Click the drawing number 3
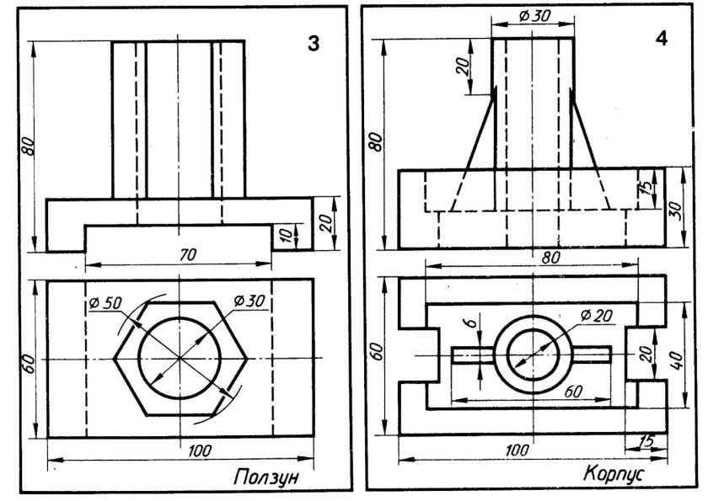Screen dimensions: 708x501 [314, 43]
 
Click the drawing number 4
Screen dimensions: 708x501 [661, 39]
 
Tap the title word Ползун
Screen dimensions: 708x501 [267, 477]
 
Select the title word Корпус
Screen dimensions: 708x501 [614, 473]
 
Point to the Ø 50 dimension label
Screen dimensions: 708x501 [105, 302]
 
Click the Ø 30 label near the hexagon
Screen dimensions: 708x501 [249, 301]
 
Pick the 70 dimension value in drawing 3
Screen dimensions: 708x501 [187, 255]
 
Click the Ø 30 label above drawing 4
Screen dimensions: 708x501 [534, 16]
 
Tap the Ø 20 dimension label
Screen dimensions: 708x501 [597, 316]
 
